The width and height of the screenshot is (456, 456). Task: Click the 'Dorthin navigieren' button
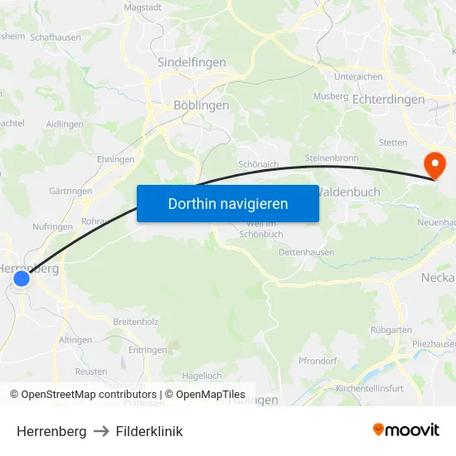(227, 203)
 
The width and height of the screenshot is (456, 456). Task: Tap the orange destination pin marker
(433, 164)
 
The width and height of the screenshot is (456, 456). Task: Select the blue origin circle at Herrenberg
(22, 279)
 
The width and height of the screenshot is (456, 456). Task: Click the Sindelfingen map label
(192, 61)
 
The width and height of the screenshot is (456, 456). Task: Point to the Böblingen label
(201, 105)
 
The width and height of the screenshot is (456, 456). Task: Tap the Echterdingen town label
(388, 99)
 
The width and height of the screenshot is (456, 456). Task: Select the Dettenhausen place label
(307, 252)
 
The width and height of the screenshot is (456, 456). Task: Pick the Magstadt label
(142, 7)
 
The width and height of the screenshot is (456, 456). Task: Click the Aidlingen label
(65, 124)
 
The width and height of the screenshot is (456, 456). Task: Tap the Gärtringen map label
(70, 191)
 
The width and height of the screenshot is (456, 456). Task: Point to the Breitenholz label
(134, 321)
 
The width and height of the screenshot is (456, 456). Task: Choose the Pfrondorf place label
(318, 361)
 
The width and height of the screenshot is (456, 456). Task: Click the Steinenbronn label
(332, 158)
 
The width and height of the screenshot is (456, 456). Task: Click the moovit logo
(405, 429)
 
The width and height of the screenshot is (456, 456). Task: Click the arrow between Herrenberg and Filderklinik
(101, 431)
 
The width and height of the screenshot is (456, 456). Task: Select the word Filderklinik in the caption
(149, 431)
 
